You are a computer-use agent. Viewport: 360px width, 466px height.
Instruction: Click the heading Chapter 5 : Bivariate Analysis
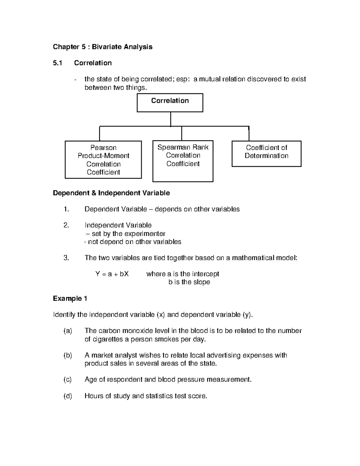tap(103, 47)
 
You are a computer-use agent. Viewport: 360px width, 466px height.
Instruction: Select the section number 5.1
tap(57, 63)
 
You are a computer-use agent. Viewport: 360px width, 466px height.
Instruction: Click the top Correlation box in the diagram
tap(170, 103)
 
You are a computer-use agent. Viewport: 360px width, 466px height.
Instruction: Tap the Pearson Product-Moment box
tap(103, 160)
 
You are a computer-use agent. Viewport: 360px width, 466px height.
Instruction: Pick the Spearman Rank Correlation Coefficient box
tap(183, 161)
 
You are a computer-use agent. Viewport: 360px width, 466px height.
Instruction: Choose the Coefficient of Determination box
tap(266, 154)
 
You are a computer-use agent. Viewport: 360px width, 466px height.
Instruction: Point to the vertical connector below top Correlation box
tap(170, 119)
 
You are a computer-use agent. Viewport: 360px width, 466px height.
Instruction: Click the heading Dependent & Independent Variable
tap(111, 193)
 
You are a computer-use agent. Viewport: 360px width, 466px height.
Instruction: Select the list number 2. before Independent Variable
tap(66, 225)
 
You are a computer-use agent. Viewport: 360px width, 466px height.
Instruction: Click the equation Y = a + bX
tap(112, 274)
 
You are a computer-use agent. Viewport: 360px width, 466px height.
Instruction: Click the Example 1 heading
tap(70, 299)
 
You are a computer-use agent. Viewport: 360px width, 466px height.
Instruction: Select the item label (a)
tap(68, 331)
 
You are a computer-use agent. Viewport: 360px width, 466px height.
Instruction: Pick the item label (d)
tap(68, 396)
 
